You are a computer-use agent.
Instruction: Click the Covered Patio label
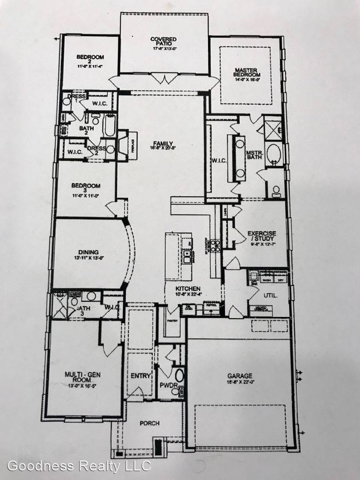coord(163,42)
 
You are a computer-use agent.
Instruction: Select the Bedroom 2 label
coord(90,60)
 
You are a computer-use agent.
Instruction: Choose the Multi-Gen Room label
coord(82,378)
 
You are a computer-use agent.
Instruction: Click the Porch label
coord(149,423)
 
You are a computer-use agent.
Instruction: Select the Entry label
coord(141,376)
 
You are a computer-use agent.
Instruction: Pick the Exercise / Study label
coord(262,236)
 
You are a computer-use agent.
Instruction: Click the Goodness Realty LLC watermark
coord(79,466)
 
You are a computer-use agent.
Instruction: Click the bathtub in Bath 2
coord(109,126)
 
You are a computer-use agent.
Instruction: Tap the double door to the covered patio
coord(164,80)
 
